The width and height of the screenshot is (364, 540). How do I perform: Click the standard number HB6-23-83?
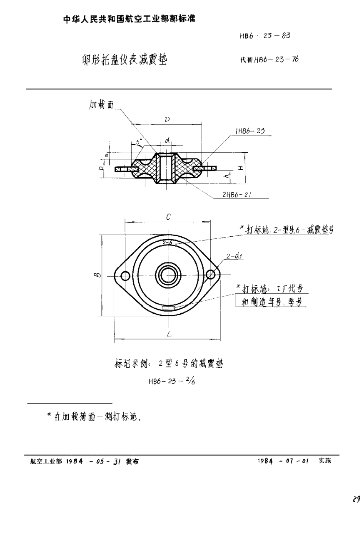point(265,36)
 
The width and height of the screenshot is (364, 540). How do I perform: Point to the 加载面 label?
point(102,105)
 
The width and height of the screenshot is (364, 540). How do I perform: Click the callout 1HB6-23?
point(250,131)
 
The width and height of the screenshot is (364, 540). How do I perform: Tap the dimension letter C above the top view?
point(168,216)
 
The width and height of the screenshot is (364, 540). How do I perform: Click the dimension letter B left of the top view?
point(96,275)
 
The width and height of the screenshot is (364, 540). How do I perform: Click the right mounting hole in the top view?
point(211,275)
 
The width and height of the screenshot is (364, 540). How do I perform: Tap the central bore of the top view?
point(168,275)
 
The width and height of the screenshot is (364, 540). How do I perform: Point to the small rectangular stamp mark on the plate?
point(168,308)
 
